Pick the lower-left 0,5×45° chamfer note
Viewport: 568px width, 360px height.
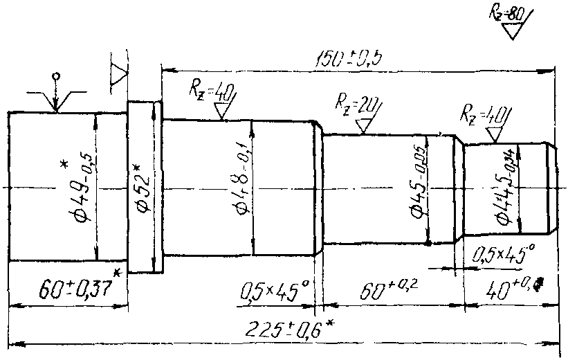pyautogui.click(x=273, y=291)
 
